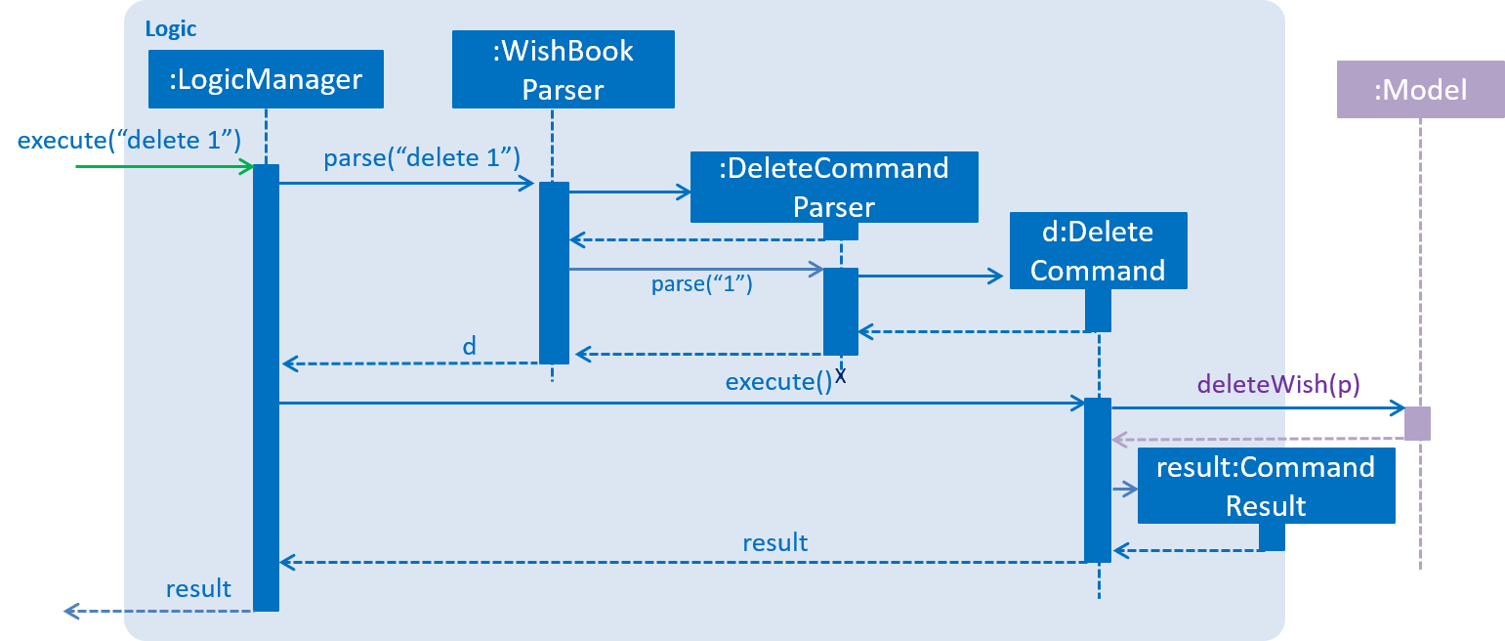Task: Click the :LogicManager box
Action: click(266, 78)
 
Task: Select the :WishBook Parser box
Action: click(563, 69)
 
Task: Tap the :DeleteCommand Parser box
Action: click(834, 187)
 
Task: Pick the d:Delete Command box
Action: click(1099, 250)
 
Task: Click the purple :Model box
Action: click(1420, 89)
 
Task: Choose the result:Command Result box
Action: click(1267, 486)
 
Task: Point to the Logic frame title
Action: click(171, 29)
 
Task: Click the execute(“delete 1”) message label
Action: click(129, 140)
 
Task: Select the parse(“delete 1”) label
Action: click(422, 157)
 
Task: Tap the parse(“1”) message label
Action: click(701, 283)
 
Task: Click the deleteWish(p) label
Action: click(1278, 384)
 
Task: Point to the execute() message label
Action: click(778, 382)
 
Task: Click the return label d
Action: click(469, 346)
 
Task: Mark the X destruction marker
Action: click(841, 375)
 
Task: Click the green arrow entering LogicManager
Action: click(165, 166)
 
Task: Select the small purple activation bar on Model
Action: click(1418, 423)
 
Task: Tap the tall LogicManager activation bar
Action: click(266, 388)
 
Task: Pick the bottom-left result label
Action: click(198, 588)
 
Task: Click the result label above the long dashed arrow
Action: click(774, 542)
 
